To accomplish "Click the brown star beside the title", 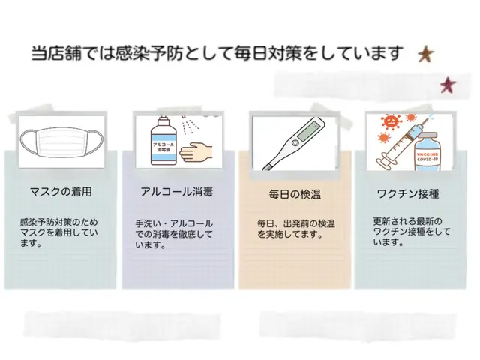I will [425, 54].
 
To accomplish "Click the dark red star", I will [448, 85].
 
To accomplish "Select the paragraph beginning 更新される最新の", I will [408, 232].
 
